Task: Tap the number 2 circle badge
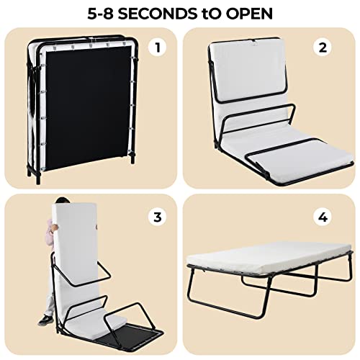(323, 48)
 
